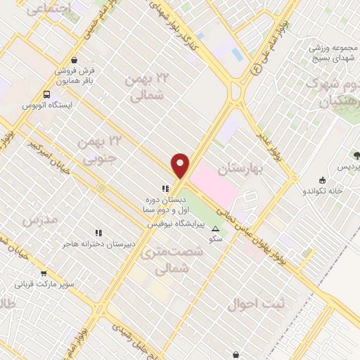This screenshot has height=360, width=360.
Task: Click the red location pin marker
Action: click(x=181, y=165)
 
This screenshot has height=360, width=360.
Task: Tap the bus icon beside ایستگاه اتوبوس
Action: click(x=47, y=94)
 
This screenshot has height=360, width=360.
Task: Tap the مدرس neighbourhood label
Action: click(x=39, y=221)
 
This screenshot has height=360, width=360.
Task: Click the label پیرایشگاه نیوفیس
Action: click(x=176, y=224)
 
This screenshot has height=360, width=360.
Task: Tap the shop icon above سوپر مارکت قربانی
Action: click(x=44, y=274)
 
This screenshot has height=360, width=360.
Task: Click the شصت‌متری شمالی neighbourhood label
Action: click(x=164, y=259)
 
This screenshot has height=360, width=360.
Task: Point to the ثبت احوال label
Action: click(x=257, y=305)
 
